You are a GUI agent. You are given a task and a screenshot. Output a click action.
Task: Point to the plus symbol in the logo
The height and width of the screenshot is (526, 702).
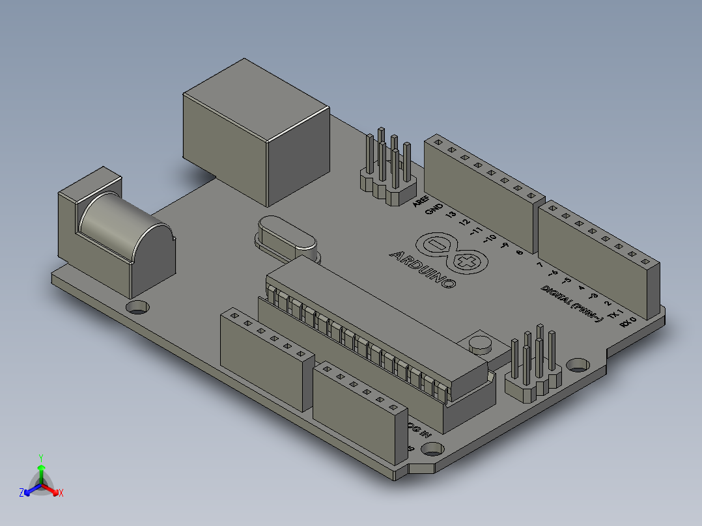pos(468,262)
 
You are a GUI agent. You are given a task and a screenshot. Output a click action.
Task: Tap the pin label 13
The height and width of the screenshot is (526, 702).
pos(450,217)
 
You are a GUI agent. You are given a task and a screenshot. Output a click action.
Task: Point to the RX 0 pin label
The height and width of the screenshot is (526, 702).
pos(627,322)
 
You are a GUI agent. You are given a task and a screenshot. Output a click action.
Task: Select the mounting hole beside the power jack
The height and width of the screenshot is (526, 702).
pos(137,307)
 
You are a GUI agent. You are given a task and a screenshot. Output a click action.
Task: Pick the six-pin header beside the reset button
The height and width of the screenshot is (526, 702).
pos(533,368)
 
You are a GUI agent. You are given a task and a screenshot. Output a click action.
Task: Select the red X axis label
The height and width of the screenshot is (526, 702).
pos(61,493)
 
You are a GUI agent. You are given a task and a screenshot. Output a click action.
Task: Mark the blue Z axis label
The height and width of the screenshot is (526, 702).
pos(21,493)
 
